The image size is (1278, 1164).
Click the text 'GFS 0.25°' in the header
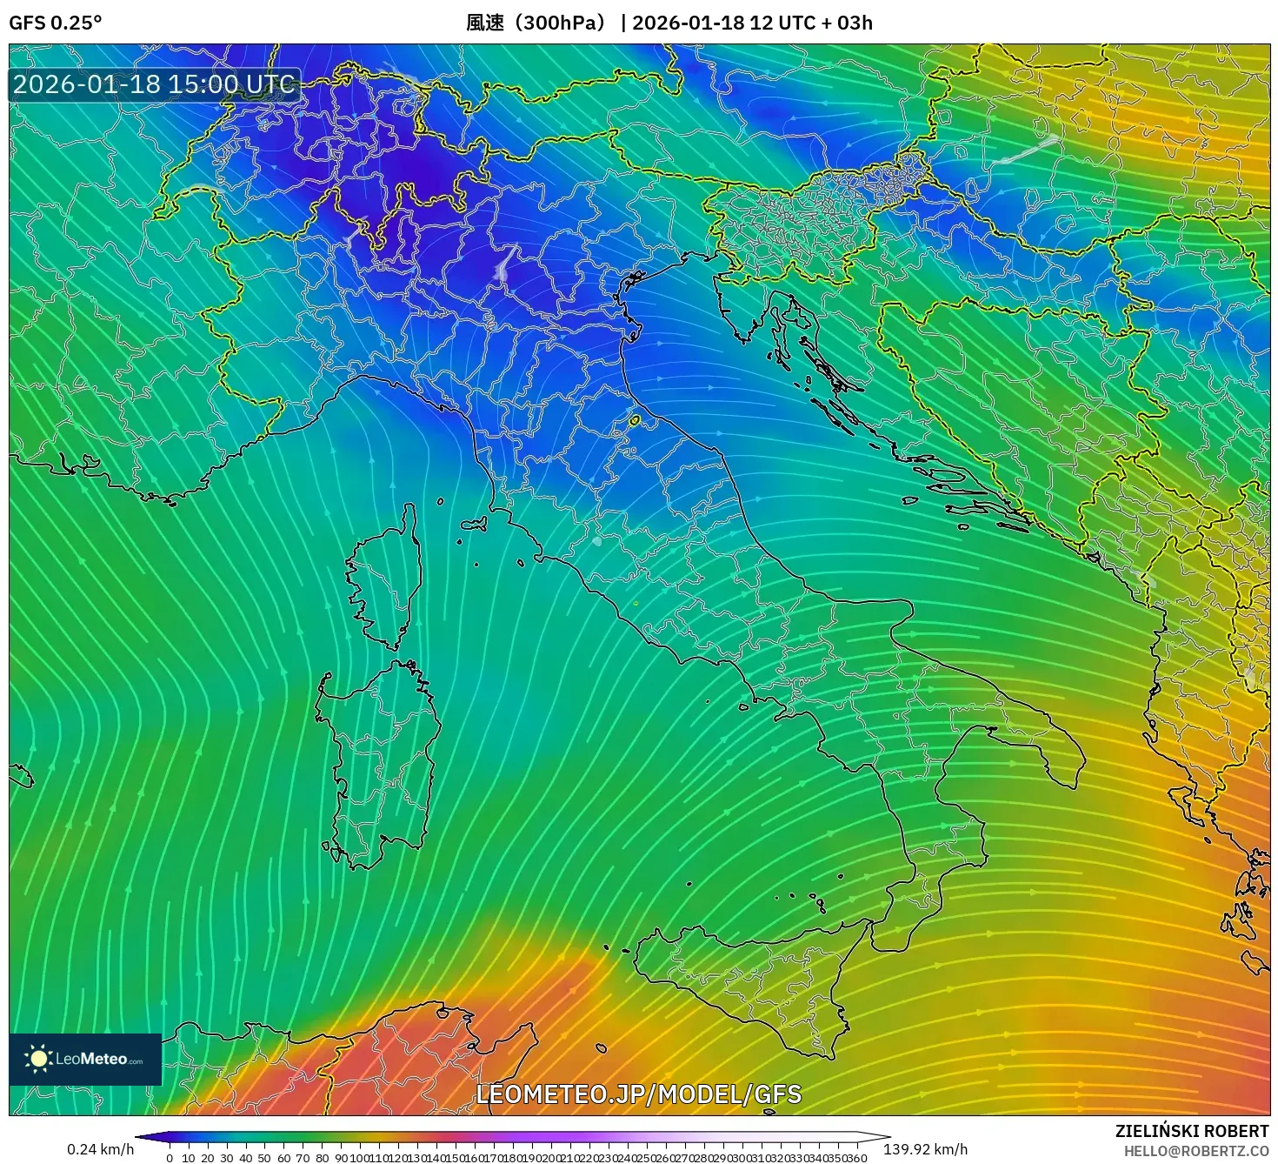click(x=55, y=23)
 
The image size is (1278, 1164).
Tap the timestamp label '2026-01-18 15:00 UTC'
click(x=154, y=84)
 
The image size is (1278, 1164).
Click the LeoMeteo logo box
click(x=85, y=1059)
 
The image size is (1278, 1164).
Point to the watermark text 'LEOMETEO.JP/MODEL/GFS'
click(x=638, y=1094)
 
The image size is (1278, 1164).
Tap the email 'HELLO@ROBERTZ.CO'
click(x=1195, y=1151)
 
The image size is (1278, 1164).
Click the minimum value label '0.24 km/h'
click(x=101, y=1149)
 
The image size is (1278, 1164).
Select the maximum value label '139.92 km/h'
click(x=925, y=1149)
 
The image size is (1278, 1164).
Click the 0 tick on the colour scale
click(x=170, y=1158)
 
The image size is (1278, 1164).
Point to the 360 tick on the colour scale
click(x=856, y=1158)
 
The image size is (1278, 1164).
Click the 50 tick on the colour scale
click(x=265, y=1158)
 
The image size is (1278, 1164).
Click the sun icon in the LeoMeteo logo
click(x=38, y=1059)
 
